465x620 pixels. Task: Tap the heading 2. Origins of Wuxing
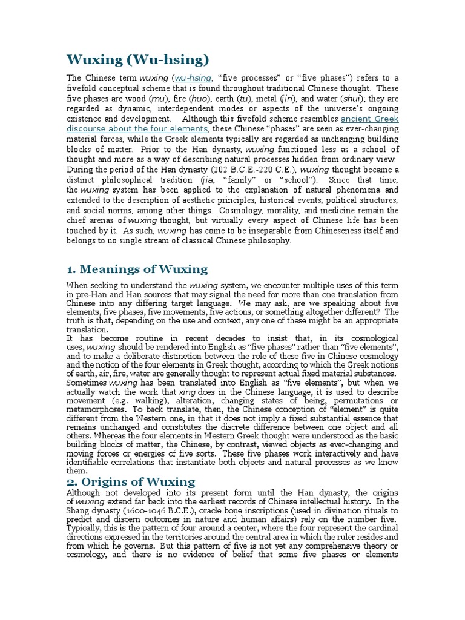[131, 481]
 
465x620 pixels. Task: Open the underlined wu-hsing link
[194, 78]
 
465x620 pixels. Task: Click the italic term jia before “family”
[207, 180]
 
